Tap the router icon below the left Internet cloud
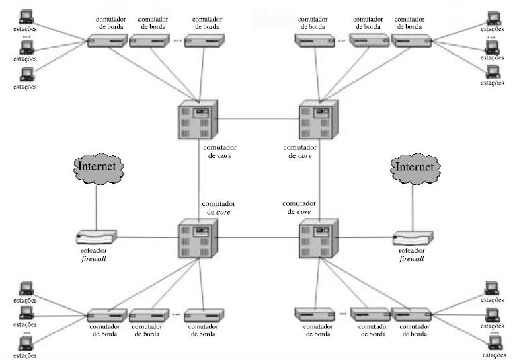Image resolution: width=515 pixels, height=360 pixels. pos(97,237)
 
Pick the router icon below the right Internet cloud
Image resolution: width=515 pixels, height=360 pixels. pos(413,238)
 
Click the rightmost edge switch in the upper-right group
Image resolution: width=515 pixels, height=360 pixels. pos(409,41)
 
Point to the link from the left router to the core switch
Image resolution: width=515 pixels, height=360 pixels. pos(148,237)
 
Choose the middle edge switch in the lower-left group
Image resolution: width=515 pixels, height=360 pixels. pos(149,315)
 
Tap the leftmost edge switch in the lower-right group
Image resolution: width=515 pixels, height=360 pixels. pos(315,314)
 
